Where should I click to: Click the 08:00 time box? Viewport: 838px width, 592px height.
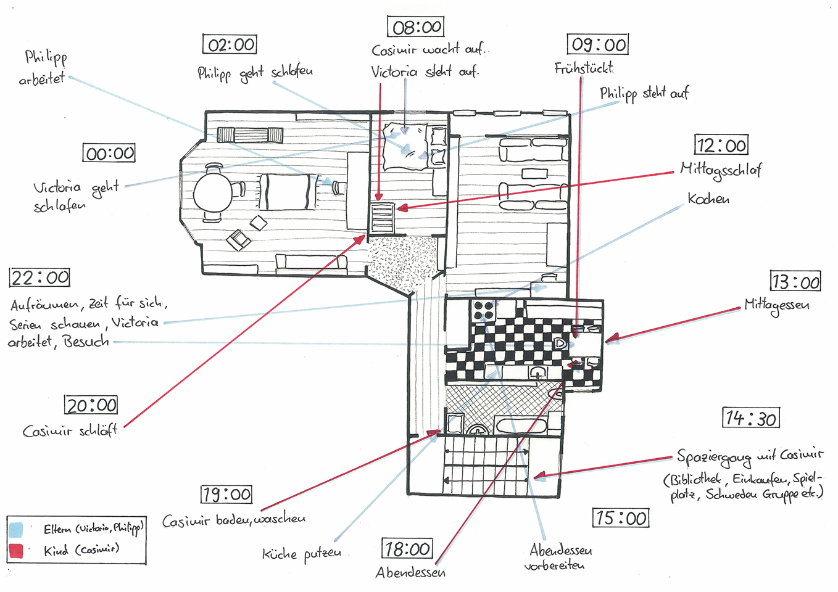pos(416,27)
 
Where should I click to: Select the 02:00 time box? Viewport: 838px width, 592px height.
pos(230,44)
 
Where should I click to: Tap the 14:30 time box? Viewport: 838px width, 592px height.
pos(751,417)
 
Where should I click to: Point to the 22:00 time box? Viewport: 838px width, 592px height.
pos(39,277)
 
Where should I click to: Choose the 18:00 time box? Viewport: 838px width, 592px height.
pos(407,548)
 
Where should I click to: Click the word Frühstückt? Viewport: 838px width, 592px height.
pos(584,68)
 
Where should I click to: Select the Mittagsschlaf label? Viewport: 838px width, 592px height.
pos(721,171)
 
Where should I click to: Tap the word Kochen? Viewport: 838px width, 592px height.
pos(708,199)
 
